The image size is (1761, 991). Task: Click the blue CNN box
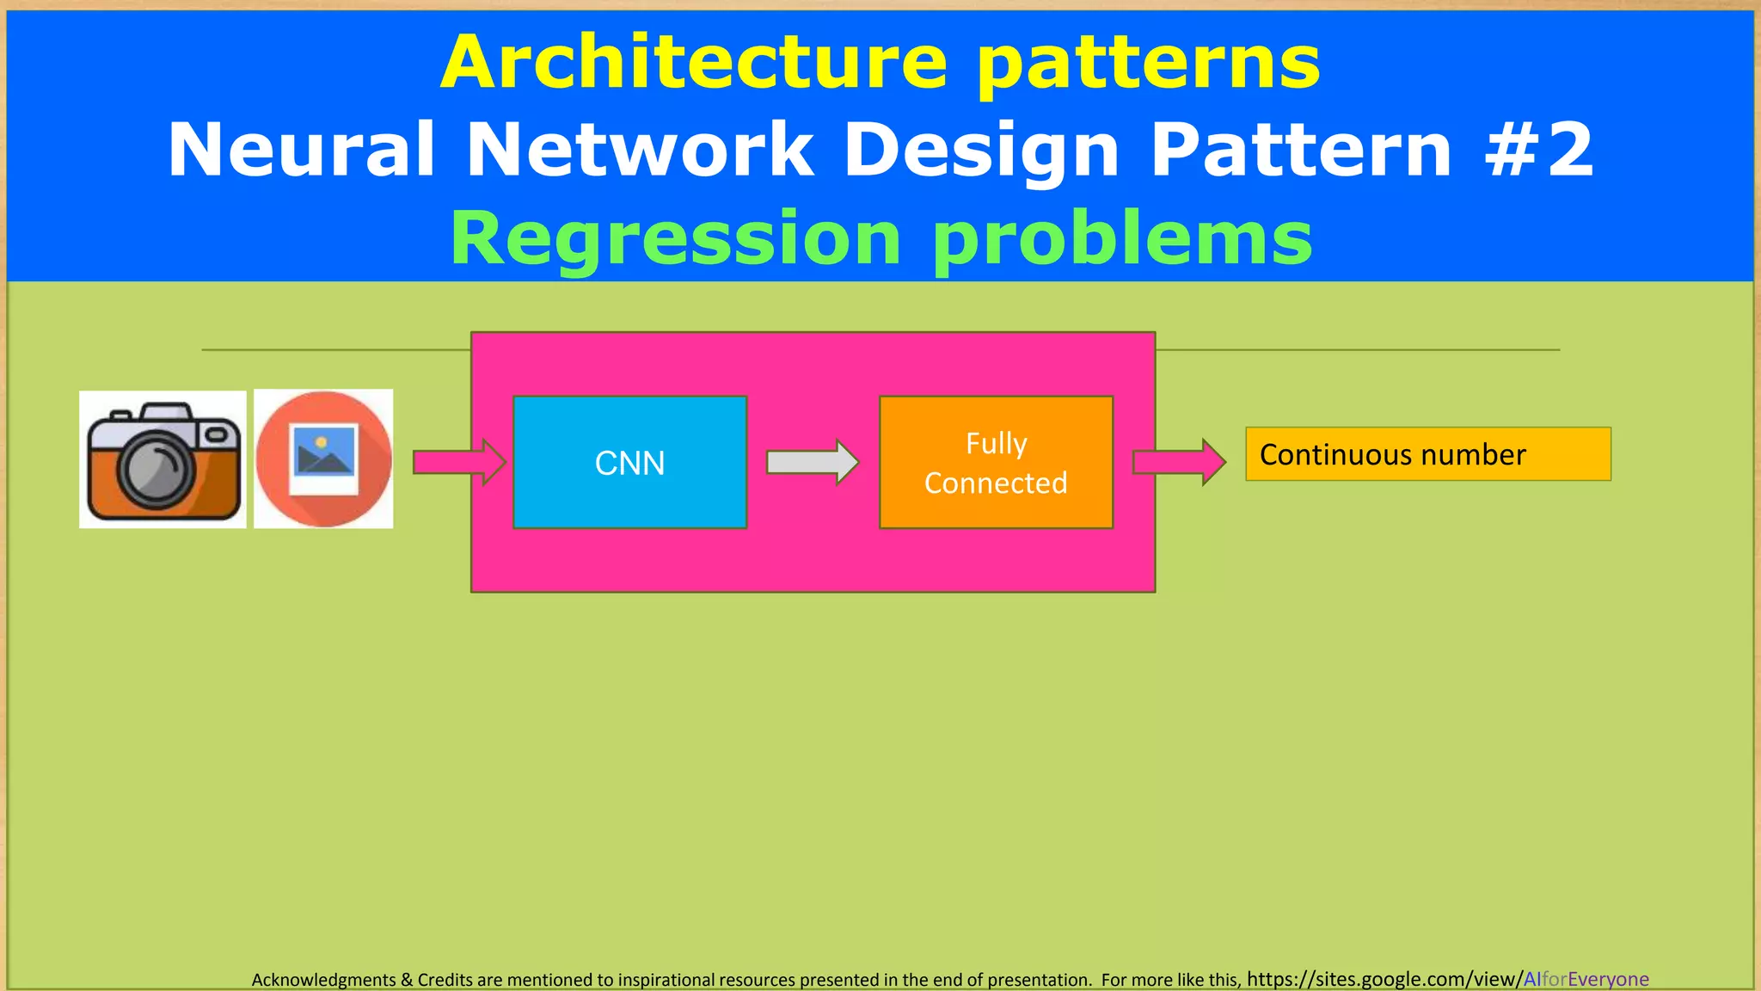pyautogui.click(x=629, y=462)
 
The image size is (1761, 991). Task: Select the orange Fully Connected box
pyautogui.click(x=996, y=462)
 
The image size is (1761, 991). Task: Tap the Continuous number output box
pyautogui.click(x=1427, y=454)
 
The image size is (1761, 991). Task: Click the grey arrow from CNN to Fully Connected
pyautogui.click(x=812, y=462)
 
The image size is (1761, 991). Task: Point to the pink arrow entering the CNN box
pyautogui.click(x=458, y=462)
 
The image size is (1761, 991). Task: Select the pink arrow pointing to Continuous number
pyautogui.click(x=1178, y=462)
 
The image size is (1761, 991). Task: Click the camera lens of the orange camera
pyautogui.click(x=156, y=470)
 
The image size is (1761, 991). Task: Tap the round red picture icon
pyautogui.click(x=323, y=459)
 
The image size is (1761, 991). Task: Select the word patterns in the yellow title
pyautogui.click(x=1148, y=65)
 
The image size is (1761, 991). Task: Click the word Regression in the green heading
pyautogui.click(x=675, y=238)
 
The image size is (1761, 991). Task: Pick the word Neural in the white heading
pyautogui.click(x=301, y=150)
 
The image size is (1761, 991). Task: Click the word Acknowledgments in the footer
pyautogui.click(x=323, y=980)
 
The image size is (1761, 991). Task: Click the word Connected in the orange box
pyautogui.click(x=996, y=483)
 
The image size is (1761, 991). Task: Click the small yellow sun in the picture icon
pyautogui.click(x=321, y=442)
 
